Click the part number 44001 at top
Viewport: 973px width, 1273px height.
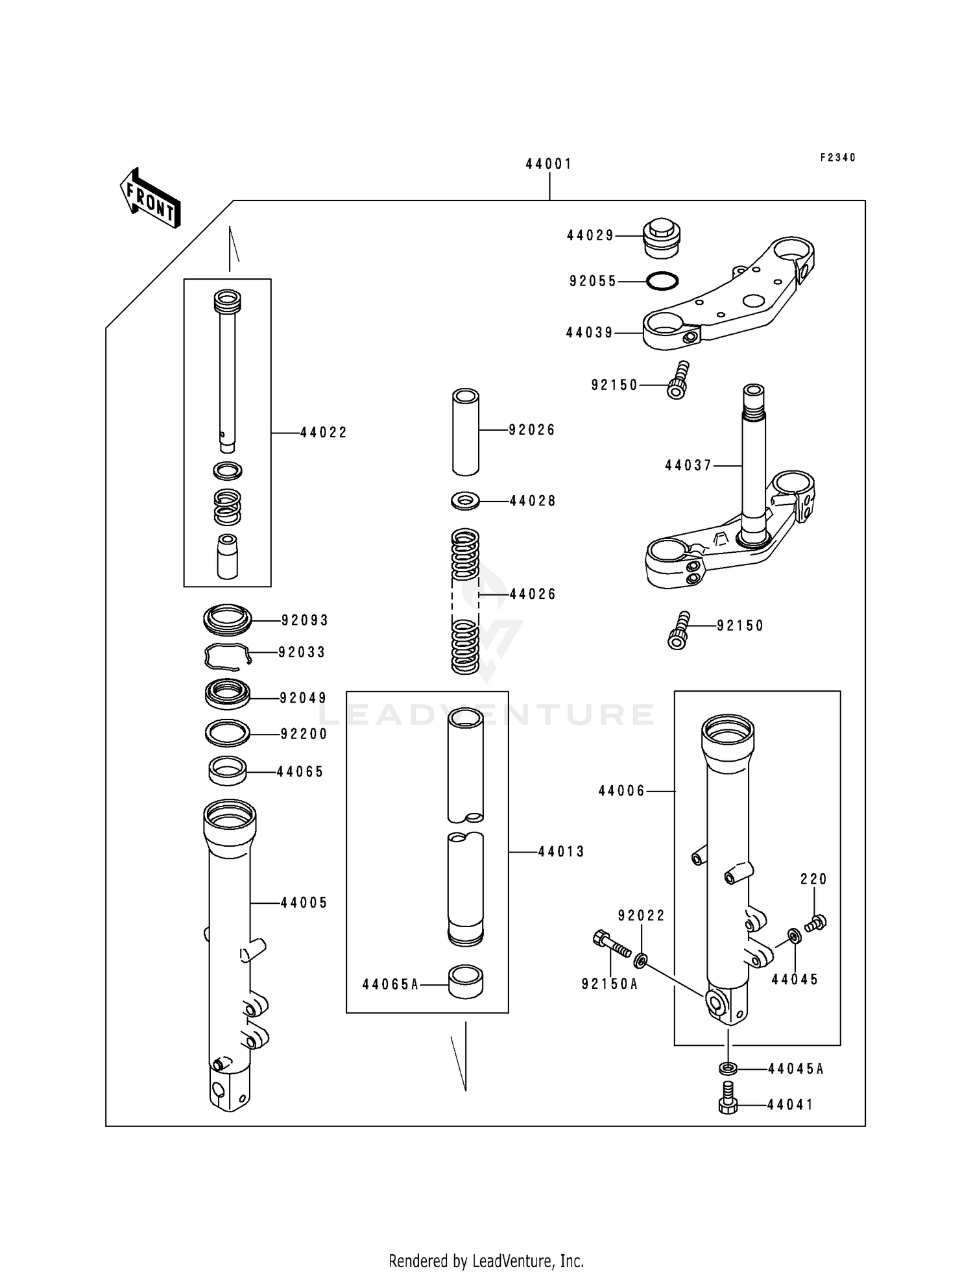[x=549, y=164]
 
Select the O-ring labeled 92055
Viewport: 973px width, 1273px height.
[x=662, y=281]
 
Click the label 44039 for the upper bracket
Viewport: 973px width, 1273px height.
[x=589, y=333]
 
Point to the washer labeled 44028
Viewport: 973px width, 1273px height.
[x=465, y=501]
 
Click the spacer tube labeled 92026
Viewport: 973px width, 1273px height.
[x=466, y=431]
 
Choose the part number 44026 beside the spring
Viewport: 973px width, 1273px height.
[x=533, y=594]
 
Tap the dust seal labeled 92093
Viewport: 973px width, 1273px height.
[x=227, y=620]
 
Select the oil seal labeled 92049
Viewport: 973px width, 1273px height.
[x=227, y=694]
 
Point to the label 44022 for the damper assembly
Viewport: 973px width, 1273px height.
[x=324, y=433]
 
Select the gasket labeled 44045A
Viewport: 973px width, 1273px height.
[x=728, y=1068]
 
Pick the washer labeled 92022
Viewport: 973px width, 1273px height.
[x=641, y=959]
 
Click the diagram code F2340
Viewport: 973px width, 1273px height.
[x=837, y=158]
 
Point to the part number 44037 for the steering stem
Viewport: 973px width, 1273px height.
[x=688, y=465]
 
